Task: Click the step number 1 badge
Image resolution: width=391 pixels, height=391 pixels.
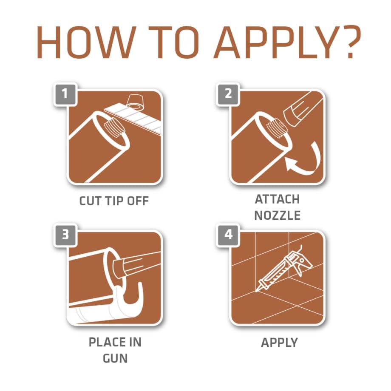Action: [x=65, y=94]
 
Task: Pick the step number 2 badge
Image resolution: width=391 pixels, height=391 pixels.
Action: [x=228, y=94]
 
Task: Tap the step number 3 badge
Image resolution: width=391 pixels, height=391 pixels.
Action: [x=65, y=235]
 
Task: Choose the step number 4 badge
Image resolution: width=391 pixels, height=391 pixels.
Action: [x=228, y=235]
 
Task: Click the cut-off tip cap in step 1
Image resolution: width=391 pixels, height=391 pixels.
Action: [x=136, y=103]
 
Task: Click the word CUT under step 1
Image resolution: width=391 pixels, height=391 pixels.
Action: [x=90, y=201]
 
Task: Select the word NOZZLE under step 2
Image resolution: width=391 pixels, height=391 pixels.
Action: [x=277, y=215]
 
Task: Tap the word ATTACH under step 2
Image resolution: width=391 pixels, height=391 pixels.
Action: [x=277, y=199]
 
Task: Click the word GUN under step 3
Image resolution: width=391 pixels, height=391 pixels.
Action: [x=115, y=358]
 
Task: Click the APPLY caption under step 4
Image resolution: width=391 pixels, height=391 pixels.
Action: [x=279, y=343]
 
